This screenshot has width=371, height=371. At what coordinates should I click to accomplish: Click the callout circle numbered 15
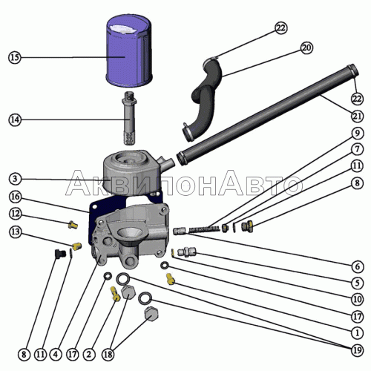point(15,58)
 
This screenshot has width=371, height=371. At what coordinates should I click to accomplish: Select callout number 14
point(15,119)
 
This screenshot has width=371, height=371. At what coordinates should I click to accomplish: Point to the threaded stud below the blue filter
point(130,118)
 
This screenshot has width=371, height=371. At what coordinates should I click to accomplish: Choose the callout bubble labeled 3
point(15,179)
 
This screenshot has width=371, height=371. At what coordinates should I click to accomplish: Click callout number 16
point(16,197)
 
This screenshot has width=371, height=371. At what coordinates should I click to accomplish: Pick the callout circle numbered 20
point(306,47)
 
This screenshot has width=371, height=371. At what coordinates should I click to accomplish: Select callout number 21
point(357,116)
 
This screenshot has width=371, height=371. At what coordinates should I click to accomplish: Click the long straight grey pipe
point(267,115)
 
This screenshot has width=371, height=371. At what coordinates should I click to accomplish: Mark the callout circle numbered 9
point(357,134)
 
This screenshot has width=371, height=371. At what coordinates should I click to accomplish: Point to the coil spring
point(204,229)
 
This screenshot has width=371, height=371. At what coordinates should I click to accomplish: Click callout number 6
point(357,266)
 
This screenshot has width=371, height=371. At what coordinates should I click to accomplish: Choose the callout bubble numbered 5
point(357,283)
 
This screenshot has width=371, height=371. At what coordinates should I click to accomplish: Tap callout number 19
point(357,350)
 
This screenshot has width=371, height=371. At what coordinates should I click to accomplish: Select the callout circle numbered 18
point(108,355)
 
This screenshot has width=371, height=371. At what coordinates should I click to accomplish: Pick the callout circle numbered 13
point(16,232)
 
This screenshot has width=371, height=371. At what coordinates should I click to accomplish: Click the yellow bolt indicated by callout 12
point(73,224)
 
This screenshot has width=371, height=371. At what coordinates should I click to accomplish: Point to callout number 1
point(357,333)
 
